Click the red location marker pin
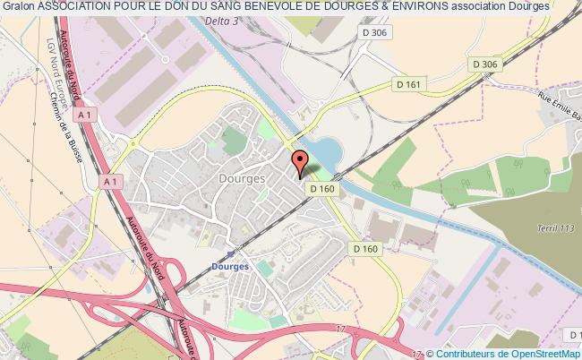click(301, 162)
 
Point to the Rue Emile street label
click(556, 116)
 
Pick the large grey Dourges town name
click(241, 178)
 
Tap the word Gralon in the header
click(18, 6)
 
